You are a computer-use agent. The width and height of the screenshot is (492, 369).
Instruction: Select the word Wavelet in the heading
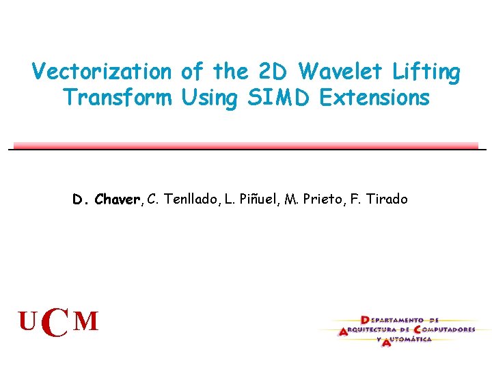pos(335,71)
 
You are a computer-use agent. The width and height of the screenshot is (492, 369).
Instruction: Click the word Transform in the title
pos(118,98)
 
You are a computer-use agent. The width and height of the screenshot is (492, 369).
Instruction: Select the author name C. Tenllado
pos(182,200)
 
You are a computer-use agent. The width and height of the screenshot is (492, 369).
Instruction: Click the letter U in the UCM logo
pos(28,321)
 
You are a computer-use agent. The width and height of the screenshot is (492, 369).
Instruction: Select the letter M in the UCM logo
pos(86,321)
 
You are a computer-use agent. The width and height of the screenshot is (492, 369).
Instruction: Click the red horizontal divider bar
pos(246,146)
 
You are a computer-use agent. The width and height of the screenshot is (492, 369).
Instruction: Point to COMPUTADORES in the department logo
pos(445,329)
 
